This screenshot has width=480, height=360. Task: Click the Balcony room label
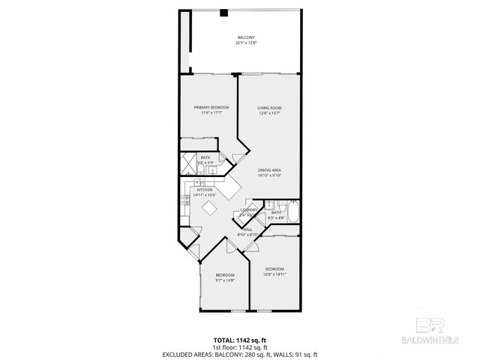[245, 37]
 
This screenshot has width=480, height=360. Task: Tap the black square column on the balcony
[223, 12]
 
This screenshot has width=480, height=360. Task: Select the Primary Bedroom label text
[211, 108]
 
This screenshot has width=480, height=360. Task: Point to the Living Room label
[269, 108]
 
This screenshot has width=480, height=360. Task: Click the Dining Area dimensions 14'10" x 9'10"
[269, 176]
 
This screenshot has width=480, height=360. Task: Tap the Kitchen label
[205, 190]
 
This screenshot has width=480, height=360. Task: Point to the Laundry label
[249, 210]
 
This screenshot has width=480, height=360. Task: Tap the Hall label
[247, 229]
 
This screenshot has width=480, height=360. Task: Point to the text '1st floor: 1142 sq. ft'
[240, 346]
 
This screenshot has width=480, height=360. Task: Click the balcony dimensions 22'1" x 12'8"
[245, 43]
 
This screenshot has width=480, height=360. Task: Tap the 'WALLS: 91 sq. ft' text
[294, 354]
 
